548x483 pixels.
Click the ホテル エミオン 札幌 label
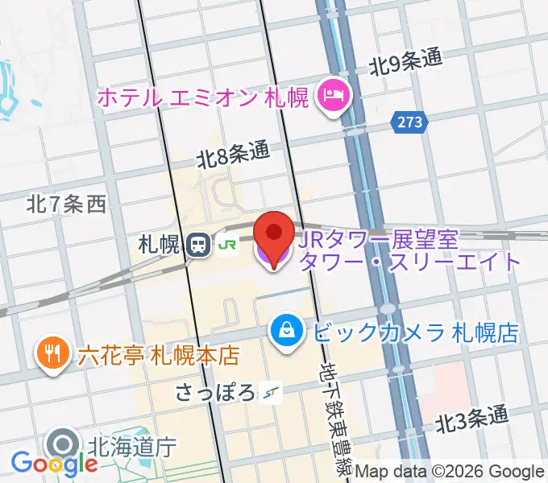coord(203,98)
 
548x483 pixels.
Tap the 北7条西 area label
coord(66,204)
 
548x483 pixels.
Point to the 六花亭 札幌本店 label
coord(159,354)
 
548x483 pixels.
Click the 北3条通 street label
coord(473,419)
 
